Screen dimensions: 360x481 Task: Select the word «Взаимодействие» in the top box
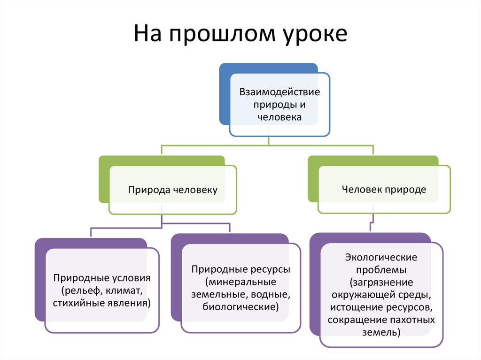pos(279,92)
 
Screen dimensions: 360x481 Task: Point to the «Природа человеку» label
pos(173,190)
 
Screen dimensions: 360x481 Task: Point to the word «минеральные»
pos(242,283)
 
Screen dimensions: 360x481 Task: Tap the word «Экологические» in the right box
pos(380,258)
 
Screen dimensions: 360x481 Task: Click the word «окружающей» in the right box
pos(358,296)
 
